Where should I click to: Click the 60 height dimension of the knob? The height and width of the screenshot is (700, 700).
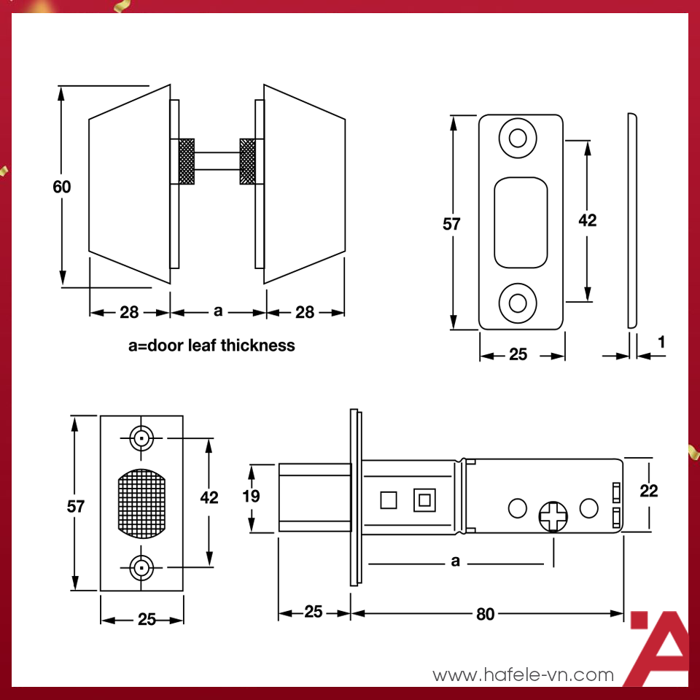click(62, 187)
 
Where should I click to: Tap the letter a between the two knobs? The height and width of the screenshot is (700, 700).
click(217, 312)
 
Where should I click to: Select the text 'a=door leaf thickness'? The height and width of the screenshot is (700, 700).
click(211, 345)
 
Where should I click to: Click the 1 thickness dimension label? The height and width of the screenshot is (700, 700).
click(661, 341)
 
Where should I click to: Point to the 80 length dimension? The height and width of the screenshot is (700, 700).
click(485, 614)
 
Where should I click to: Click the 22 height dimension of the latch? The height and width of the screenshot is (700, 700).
click(647, 491)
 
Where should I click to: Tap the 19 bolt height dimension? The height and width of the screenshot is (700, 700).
click(251, 497)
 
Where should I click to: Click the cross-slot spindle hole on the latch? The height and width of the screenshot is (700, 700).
click(554, 517)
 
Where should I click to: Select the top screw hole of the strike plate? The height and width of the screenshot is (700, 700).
click(518, 138)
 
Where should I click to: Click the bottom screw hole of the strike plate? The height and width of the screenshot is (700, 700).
click(518, 302)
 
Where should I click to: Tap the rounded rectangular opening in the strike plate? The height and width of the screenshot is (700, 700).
click(521, 222)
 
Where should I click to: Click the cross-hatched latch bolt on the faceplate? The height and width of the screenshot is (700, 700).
click(141, 503)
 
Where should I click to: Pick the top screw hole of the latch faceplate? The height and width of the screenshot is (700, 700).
click(141, 439)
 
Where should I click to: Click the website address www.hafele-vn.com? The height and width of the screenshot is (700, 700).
click(523, 675)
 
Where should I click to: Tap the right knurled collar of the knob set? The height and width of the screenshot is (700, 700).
click(249, 161)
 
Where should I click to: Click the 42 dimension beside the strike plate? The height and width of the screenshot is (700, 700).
click(587, 220)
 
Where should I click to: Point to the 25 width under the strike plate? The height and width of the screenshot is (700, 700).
click(518, 355)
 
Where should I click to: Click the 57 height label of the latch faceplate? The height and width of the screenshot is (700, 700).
click(76, 505)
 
